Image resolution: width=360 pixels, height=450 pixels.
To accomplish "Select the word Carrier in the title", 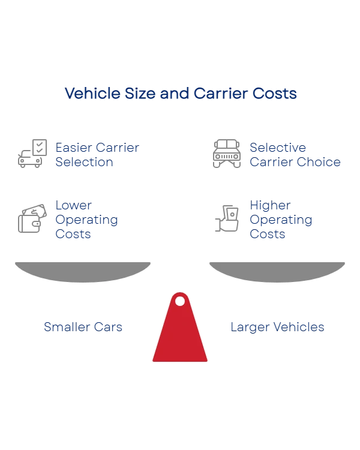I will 217,94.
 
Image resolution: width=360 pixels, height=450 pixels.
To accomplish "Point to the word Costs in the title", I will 275,94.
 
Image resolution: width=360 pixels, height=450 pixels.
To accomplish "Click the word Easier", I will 71,147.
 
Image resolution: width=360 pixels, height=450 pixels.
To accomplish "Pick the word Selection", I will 84,162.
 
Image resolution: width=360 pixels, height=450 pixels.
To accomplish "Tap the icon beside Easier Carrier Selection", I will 31,154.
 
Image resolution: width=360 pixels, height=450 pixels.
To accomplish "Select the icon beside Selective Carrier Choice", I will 227,154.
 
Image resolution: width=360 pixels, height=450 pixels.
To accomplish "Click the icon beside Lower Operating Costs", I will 31,218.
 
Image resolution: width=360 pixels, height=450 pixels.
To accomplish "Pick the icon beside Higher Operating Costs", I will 227,218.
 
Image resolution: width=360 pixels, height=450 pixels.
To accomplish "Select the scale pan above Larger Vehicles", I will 278,271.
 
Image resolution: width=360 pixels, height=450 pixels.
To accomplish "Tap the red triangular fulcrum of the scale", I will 180,336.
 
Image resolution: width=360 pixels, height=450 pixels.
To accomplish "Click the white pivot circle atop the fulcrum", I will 180,301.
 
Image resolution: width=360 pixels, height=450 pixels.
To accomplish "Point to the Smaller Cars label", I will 84,326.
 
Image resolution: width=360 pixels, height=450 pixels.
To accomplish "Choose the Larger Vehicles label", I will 278,326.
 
